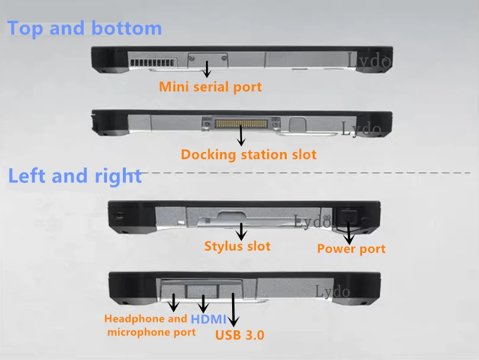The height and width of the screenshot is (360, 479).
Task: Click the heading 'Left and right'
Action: [x=74, y=176]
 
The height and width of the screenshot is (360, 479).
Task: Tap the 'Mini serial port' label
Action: [x=210, y=87]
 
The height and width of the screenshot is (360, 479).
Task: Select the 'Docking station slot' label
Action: [x=249, y=155]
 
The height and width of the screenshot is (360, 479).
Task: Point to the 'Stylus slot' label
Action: [x=237, y=246]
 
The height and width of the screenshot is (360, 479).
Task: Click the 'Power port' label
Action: [x=351, y=249]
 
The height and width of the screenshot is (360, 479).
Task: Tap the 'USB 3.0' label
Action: [x=239, y=334]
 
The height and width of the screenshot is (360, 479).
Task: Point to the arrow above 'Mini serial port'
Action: [x=207, y=69]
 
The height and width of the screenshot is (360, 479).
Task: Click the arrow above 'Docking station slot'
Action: [x=241, y=135]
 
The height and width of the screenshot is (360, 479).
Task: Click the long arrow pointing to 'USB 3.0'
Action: [x=233, y=308]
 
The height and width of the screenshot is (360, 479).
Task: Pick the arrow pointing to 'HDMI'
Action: [x=203, y=303]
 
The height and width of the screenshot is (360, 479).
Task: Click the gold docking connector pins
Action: [x=239, y=124]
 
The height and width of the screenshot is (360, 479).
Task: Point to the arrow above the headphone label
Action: [x=174, y=302]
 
